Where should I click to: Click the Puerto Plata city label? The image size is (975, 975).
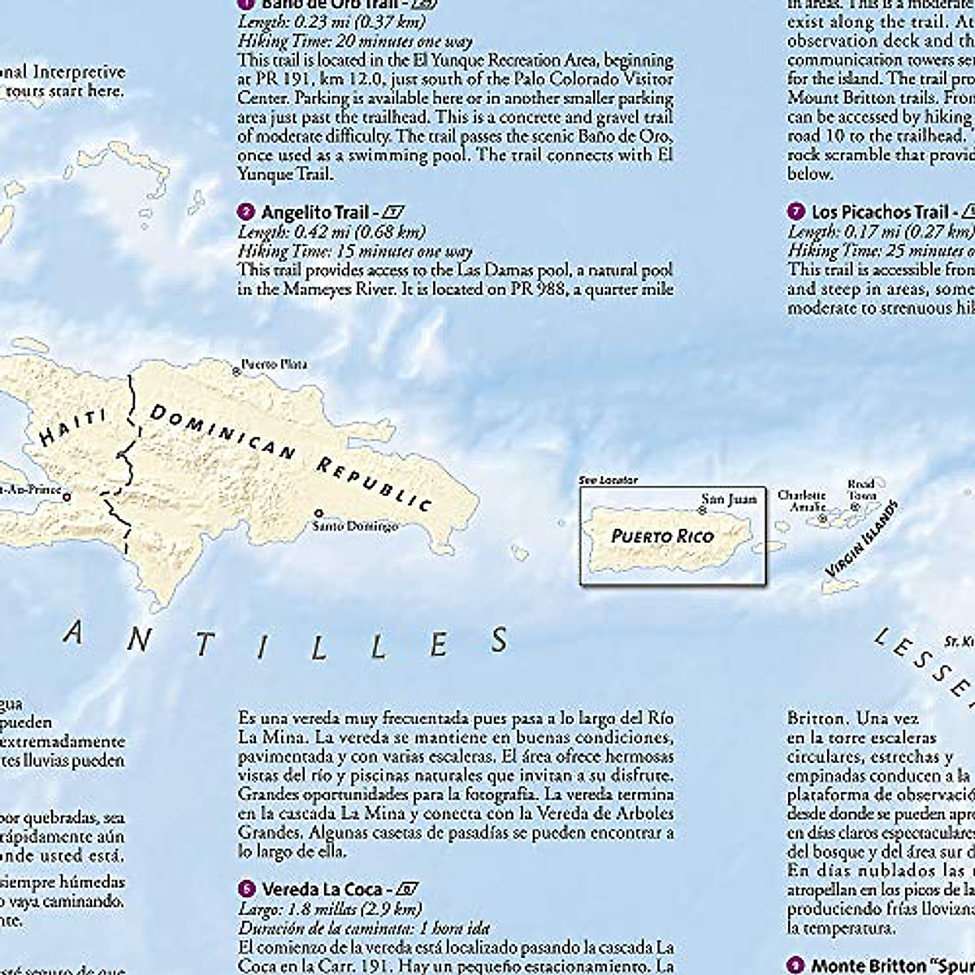(x=275, y=364)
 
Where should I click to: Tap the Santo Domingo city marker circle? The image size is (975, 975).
(x=319, y=513)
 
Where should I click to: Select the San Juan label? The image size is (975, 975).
(x=729, y=500)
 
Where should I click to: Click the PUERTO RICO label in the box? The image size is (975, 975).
(x=662, y=536)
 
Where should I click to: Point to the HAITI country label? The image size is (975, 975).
(x=74, y=428)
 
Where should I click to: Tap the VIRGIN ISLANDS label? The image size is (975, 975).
(x=860, y=540)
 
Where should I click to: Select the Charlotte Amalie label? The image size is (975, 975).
(x=802, y=501)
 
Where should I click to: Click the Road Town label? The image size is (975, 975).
(x=861, y=490)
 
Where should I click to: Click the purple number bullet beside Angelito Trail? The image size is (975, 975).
(x=246, y=213)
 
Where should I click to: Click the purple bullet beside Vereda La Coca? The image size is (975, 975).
(x=246, y=890)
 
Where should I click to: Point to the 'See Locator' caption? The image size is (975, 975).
(x=608, y=480)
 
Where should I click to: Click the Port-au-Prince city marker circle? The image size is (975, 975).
(x=67, y=496)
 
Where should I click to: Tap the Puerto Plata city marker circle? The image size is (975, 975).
(x=236, y=370)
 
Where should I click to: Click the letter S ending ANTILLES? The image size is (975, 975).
(x=500, y=641)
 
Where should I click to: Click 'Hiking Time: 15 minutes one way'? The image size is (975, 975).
(x=355, y=251)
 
